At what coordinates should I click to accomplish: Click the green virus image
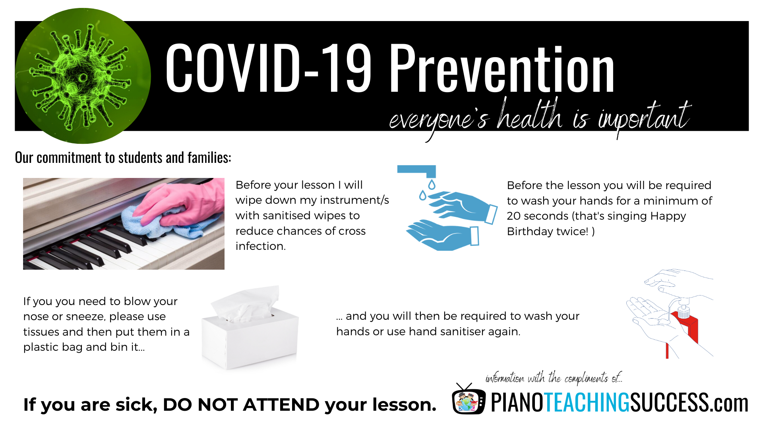[x=83, y=76]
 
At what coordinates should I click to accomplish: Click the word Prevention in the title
[x=502, y=68]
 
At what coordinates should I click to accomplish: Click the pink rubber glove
[x=181, y=203]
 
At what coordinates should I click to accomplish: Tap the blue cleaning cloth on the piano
[x=167, y=222]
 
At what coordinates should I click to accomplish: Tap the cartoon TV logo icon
[x=469, y=400]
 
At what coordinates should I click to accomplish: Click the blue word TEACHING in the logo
[x=587, y=402]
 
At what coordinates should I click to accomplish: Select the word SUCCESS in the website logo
[x=670, y=402]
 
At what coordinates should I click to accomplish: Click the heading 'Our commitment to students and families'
[x=123, y=158]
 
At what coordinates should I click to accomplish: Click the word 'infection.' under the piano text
[x=261, y=246]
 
